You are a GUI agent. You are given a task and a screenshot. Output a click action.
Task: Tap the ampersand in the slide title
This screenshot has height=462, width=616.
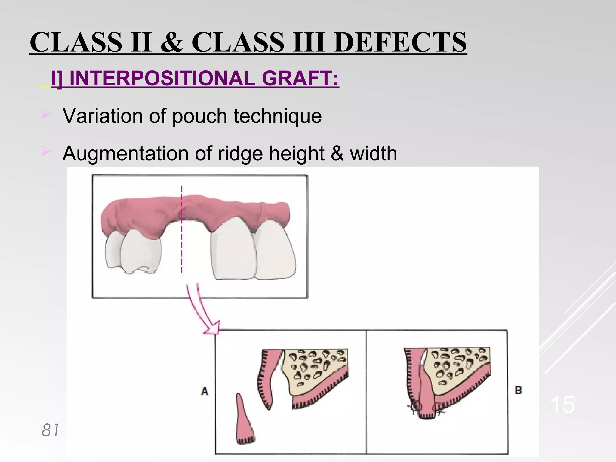point(172,42)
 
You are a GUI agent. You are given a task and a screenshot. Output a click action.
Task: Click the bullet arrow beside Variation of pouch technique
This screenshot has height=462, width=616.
point(46,114)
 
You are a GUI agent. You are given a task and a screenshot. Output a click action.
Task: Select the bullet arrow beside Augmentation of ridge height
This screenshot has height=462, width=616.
point(46,151)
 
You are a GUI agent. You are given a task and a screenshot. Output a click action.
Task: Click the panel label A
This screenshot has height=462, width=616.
point(205,391)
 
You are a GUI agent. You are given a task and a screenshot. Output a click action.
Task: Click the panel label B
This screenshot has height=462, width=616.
point(519,390)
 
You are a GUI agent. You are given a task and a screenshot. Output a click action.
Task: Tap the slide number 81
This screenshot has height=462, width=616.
point(50,430)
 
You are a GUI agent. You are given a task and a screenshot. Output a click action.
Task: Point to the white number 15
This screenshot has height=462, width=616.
point(562,405)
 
